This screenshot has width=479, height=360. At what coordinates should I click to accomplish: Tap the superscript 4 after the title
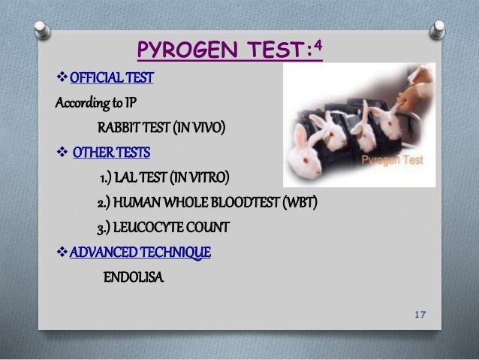coord(318,46)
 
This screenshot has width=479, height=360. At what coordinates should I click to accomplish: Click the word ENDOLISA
coord(132,277)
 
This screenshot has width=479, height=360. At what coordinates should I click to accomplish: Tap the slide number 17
coord(421,313)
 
